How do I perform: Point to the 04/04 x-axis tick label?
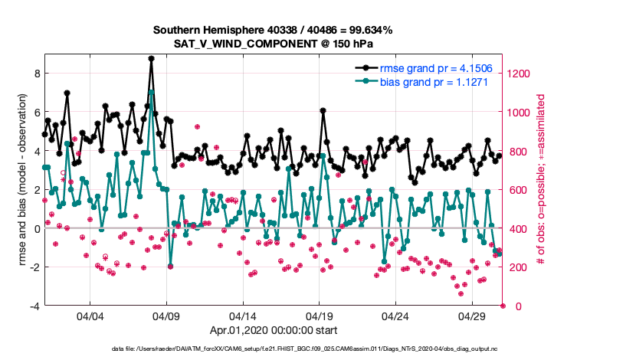(x=90, y=316)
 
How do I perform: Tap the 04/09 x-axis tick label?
(x=167, y=316)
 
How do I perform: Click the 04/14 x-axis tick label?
(x=243, y=316)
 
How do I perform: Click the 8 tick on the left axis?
(x=35, y=74)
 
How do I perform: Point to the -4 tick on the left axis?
(x=33, y=306)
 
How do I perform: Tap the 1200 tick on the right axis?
(x=518, y=74)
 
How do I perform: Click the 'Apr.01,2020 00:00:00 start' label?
(x=273, y=331)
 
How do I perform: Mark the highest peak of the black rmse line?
(x=152, y=58)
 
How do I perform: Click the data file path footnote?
(x=273, y=349)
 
